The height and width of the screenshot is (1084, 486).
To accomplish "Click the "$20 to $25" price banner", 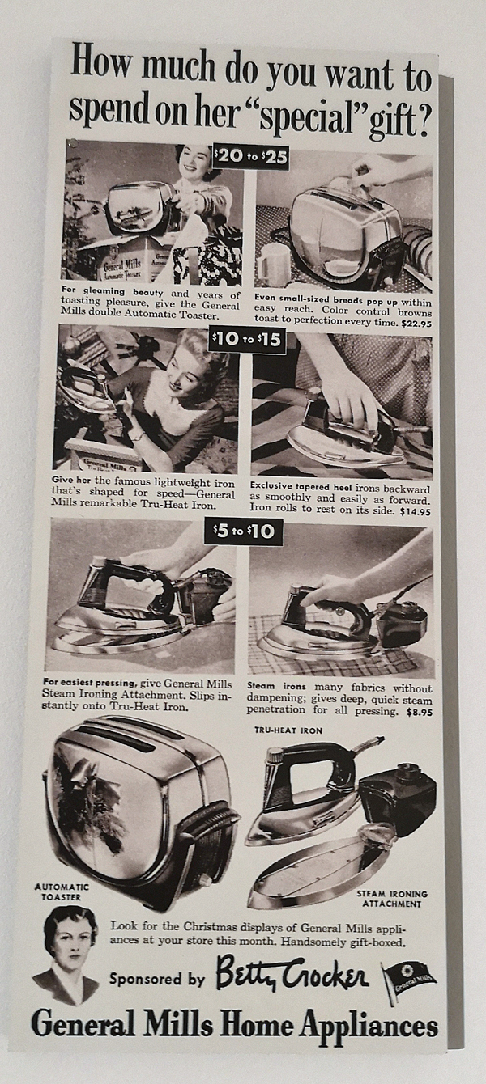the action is pos(250,157).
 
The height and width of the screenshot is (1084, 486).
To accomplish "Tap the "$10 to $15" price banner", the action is pos(247,341).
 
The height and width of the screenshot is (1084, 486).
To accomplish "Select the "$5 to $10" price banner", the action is pos(244,531).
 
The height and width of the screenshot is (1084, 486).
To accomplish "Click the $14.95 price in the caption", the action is pos(416,512).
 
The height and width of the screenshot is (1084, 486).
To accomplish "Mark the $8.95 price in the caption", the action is pos(420,713).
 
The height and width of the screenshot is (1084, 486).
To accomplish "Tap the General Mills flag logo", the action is pos(408,978).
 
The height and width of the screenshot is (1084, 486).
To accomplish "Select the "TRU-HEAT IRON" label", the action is pos(288,730).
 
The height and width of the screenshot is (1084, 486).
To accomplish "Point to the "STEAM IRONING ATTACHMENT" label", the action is pos(392,899).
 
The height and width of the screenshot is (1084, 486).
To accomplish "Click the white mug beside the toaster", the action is pos(274,265).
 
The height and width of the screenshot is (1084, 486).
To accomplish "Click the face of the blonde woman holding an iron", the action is pos(185,366).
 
